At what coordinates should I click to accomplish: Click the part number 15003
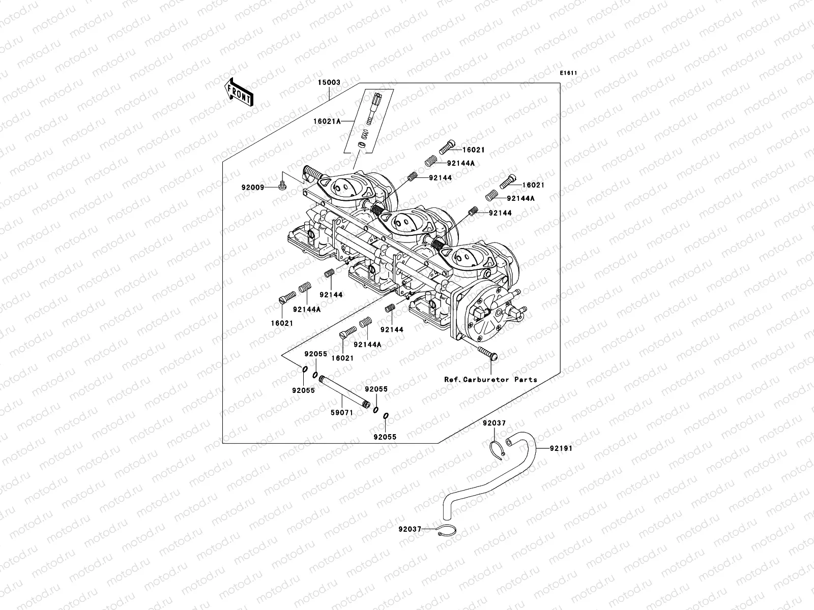point(329,82)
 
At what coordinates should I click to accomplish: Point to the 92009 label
point(253,188)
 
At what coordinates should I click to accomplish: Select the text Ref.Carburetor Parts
point(490,379)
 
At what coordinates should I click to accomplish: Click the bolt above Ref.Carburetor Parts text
point(487,353)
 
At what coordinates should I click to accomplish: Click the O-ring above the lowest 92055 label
point(386,417)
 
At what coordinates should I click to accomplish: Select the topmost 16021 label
point(473,150)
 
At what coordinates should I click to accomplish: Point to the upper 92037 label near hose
point(494,423)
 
